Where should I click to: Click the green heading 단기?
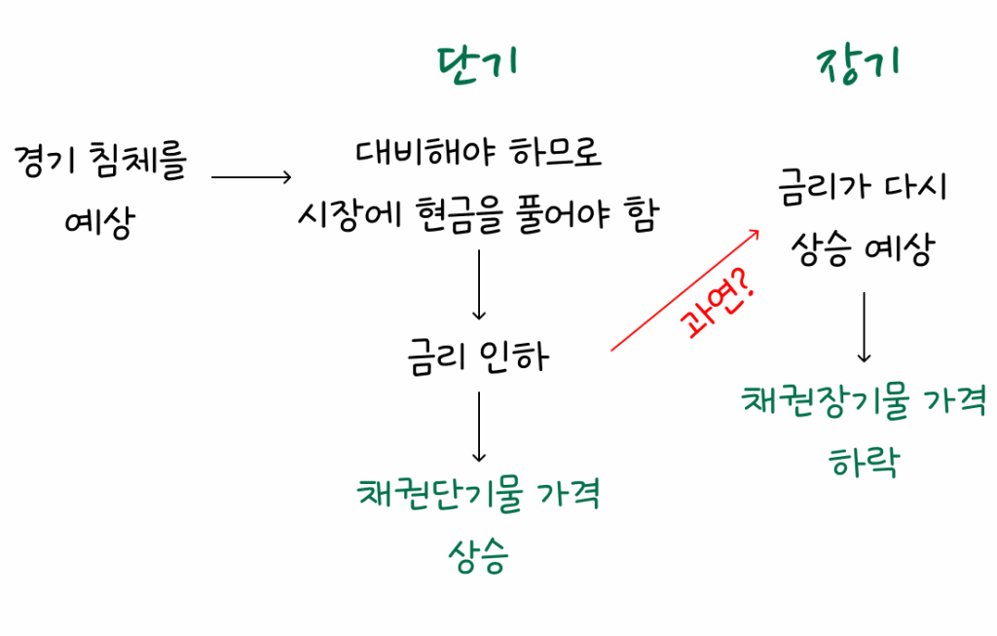(477, 63)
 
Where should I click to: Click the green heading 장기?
(857, 65)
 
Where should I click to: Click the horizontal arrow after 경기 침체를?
(251, 177)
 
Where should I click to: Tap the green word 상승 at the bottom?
(478, 556)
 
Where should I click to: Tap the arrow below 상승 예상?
(864, 326)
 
